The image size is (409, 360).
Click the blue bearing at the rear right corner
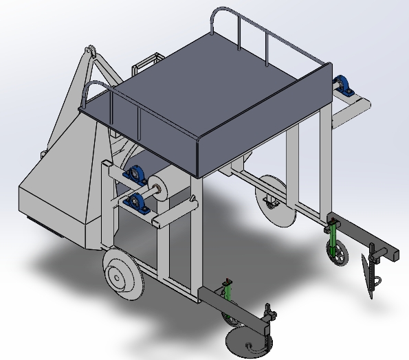click(343, 86)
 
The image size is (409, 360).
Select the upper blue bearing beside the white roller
click(136, 174)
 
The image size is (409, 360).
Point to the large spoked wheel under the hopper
click(122, 274)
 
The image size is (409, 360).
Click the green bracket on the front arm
click(228, 301)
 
